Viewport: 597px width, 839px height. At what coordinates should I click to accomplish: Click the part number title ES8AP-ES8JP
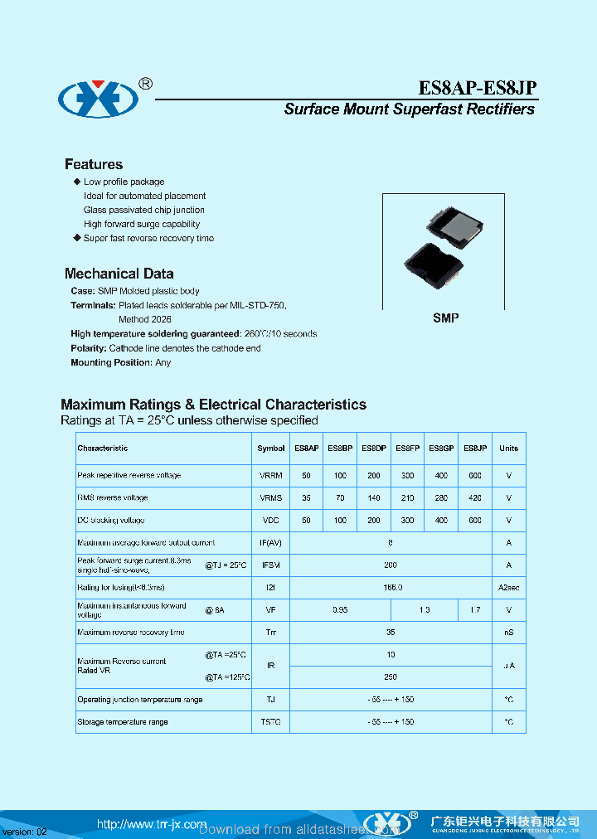(x=476, y=89)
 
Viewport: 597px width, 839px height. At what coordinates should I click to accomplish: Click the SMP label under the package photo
(x=445, y=318)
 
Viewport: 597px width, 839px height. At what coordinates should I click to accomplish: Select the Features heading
(x=94, y=164)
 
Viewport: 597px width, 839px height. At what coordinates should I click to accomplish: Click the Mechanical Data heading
(x=119, y=274)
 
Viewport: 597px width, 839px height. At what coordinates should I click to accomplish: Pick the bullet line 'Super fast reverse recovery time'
(x=148, y=238)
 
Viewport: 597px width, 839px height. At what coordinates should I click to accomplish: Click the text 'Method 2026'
(x=145, y=319)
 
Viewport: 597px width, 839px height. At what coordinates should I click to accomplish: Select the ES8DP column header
(x=374, y=449)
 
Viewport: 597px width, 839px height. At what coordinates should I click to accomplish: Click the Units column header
(x=508, y=449)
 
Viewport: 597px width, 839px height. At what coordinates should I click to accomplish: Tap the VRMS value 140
(x=374, y=498)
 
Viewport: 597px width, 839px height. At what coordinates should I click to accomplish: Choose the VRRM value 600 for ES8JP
(x=475, y=476)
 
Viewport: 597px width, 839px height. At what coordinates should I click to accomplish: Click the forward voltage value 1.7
(x=475, y=610)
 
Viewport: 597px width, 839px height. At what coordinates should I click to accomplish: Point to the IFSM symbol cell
(x=271, y=565)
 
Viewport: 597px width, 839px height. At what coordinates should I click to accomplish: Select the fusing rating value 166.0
(x=391, y=588)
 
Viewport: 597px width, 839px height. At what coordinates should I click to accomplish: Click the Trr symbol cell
(x=271, y=633)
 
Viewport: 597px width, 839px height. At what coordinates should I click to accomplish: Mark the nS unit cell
(x=508, y=633)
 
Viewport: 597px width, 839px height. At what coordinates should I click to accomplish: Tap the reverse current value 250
(x=391, y=677)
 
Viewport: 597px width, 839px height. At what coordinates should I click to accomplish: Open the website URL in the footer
(x=152, y=824)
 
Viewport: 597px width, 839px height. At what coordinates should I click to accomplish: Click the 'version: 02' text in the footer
(x=25, y=832)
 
